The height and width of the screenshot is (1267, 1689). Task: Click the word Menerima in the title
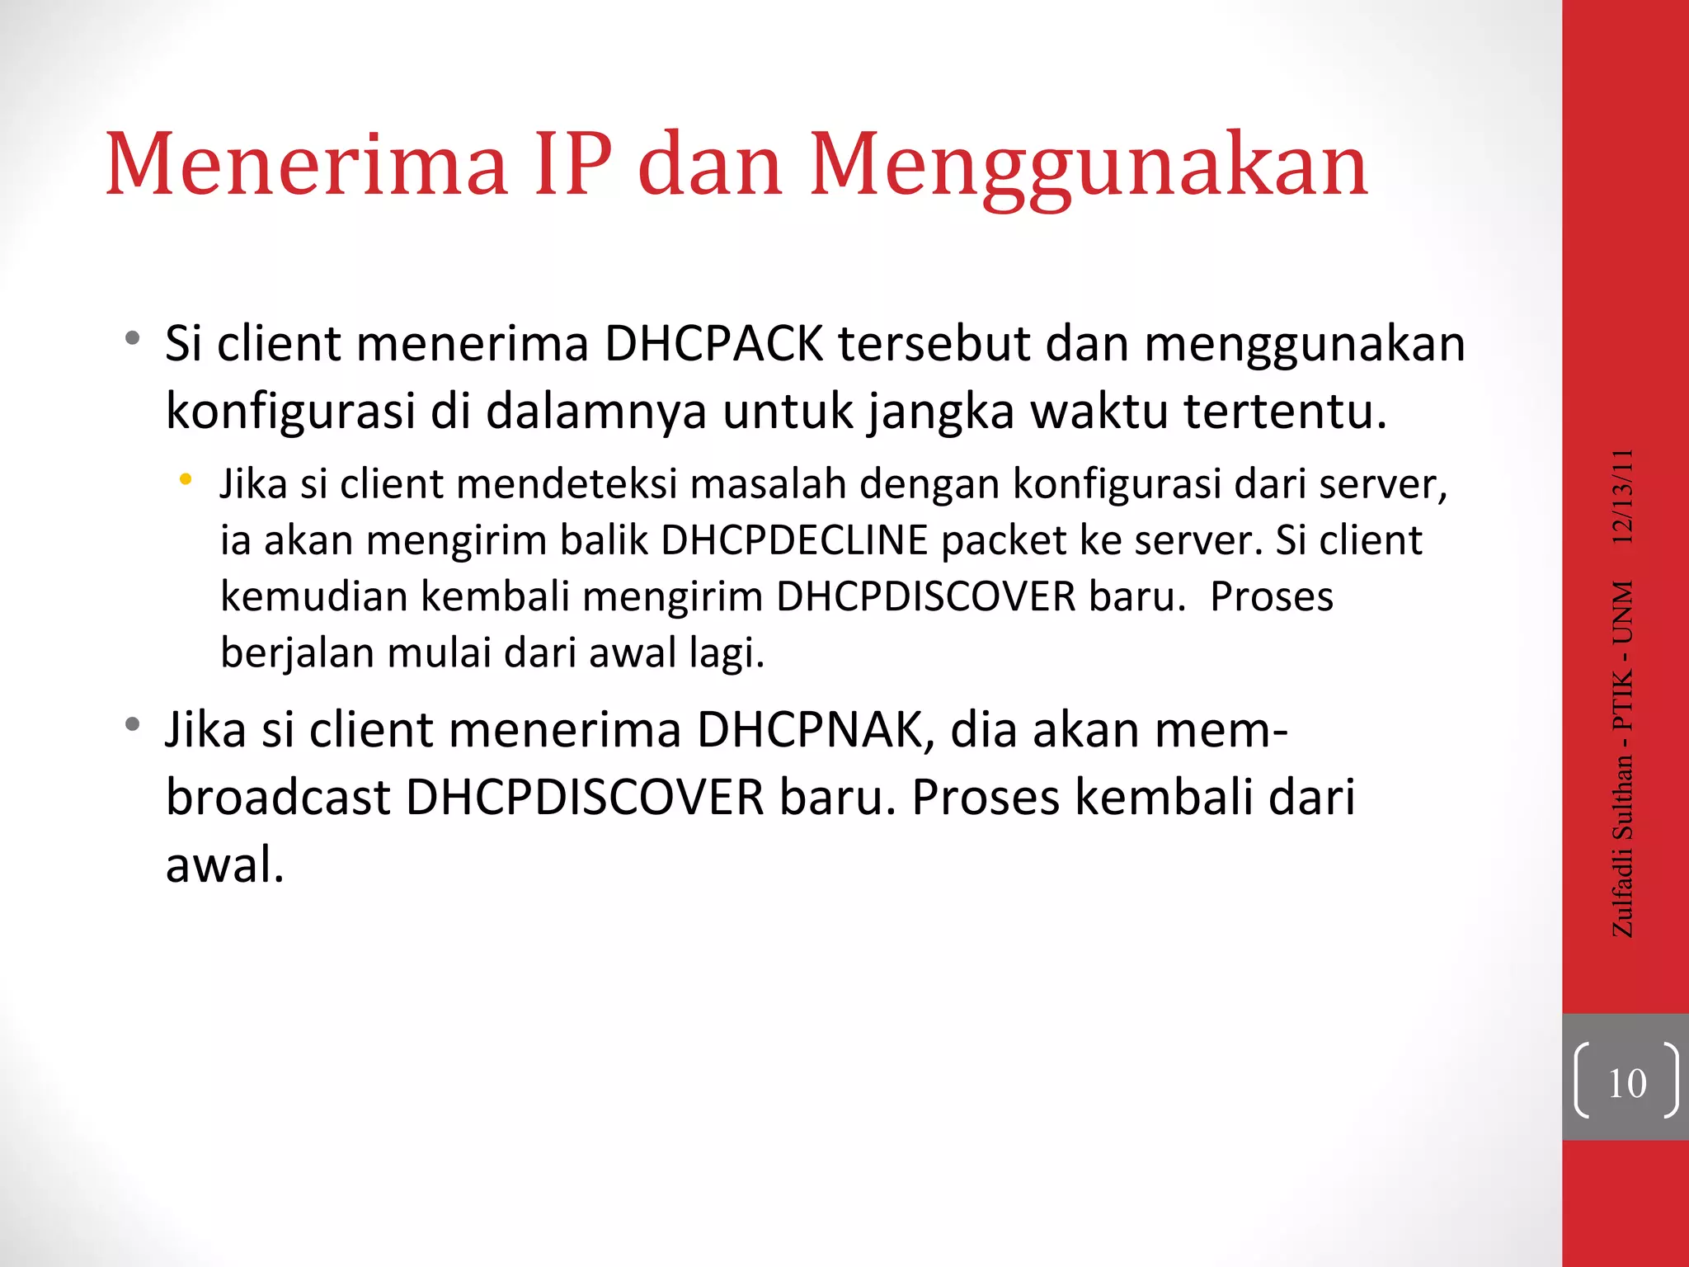tap(306, 165)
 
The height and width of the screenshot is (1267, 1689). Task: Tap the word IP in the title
tap(574, 165)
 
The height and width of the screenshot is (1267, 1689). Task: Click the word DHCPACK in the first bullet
tap(713, 344)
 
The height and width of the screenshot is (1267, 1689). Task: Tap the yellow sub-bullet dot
tap(186, 479)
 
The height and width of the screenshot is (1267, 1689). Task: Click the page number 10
tap(1626, 1083)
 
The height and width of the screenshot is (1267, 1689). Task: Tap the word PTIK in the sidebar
tap(1622, 700)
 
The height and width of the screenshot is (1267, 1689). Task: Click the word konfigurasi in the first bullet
tap(289, 412)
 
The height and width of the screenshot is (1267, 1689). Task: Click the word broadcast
tap(278, 798)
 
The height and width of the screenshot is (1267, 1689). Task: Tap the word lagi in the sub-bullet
tap(727, 654)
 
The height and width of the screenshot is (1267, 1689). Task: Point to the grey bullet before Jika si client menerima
tap(132, 726)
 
